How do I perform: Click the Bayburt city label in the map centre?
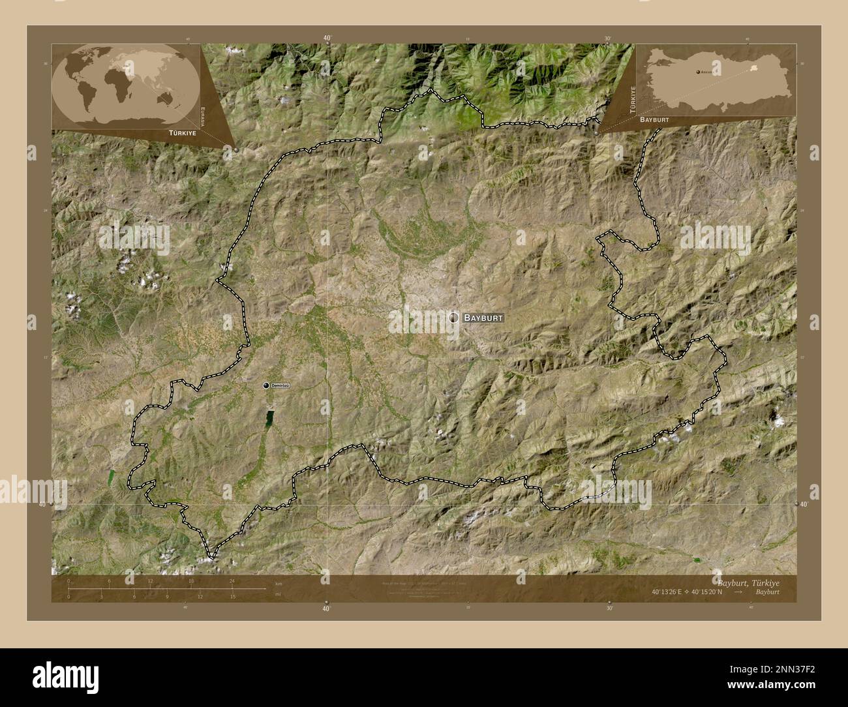pos(483,318)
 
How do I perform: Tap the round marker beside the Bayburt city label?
pos(453,318)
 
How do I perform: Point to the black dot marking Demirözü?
pos(266,386)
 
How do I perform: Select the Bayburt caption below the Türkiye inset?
pos(654,121)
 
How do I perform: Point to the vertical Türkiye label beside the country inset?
pos(631,100)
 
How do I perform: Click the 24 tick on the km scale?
pos(232,581)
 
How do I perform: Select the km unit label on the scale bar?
pos(279,583)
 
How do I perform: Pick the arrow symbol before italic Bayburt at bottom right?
pos(738,592)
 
